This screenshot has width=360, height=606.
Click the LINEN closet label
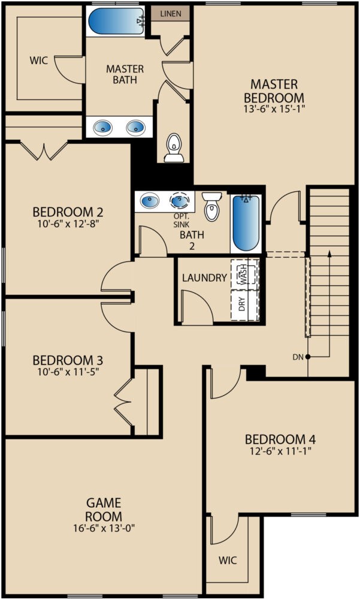[x=170, y=14]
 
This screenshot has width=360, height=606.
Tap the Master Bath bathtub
[x=116, y=21]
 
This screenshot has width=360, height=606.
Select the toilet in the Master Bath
[x=174, y=147]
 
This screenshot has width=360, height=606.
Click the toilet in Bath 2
[x=212, y=206]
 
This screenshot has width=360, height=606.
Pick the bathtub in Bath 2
[x=246, y=223]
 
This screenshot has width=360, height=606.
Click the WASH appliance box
[x=244, y=274]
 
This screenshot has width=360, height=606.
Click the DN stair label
[x=298, y=357]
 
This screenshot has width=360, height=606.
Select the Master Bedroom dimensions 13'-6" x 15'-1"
[x=274, y=109]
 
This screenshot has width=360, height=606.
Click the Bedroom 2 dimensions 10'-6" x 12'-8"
[x=68, y=224]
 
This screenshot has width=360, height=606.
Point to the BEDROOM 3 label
[x=68, y=361]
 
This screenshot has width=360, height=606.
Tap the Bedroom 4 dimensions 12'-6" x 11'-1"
[x=280, y=451]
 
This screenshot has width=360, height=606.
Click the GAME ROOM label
[x=104, y=509]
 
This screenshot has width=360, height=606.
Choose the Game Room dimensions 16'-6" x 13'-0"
[x=104, y=528]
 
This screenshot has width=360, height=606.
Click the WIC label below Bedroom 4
[x=228, y=560]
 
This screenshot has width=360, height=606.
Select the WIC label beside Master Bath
[x=39, y=61]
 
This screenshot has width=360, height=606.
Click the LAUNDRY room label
[x=204, y=278]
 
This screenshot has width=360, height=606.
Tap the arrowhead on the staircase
[x=329, y=253]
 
